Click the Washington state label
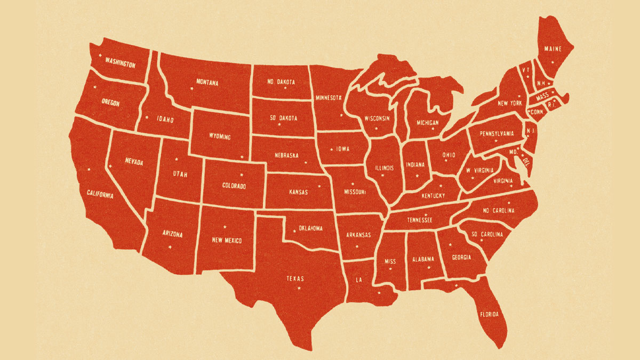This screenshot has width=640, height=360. point(120,62)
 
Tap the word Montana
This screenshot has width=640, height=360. point(207,83)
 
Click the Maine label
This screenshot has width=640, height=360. point(553,49)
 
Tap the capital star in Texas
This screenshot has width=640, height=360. point(299,289)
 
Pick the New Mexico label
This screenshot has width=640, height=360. point(227,240)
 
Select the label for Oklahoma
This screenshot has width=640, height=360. point(310,228)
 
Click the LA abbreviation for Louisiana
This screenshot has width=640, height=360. point(359,279)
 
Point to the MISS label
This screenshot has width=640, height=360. point(390,261)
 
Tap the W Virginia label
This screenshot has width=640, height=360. point(479,171)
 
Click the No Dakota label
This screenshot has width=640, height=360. point(281,82)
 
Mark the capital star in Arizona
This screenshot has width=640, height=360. point(170,246)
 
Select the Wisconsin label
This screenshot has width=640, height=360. point(377,118)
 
